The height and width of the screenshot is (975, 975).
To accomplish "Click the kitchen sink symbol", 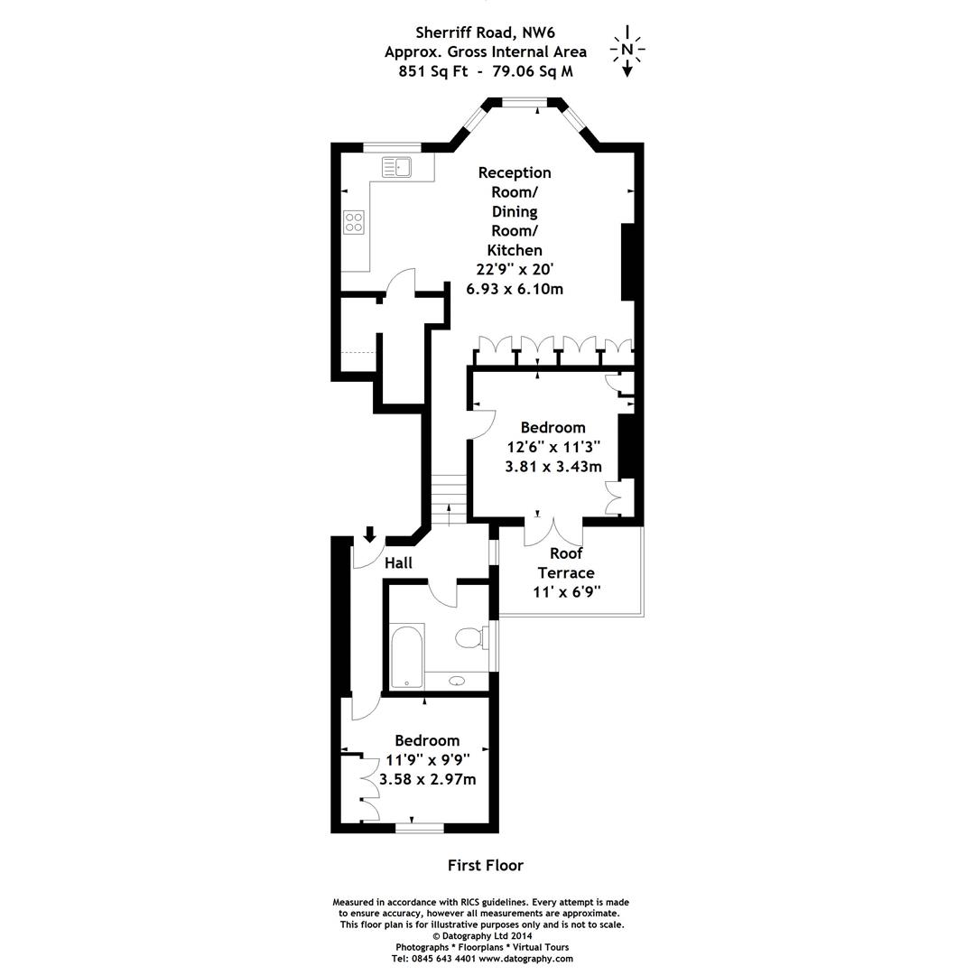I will pyautogui.click(x=396, y=167).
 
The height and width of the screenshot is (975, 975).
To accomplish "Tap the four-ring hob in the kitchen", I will pyautogui.click(x=354, y=221).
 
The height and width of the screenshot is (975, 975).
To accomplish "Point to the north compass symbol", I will pyautogui.click(x=627, y=51).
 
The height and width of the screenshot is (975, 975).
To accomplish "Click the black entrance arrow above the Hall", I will pyautogui.click(x=369, y=534).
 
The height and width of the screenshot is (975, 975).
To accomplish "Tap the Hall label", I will pyautogui.click(x=398, y=563).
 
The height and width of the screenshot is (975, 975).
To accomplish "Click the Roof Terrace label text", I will pyautogui.click(x=566, y=563).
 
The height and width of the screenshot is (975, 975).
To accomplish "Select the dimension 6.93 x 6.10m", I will pyautogui.click(x=514, y=289).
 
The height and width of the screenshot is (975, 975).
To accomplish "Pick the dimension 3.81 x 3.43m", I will pyautogui.click(x=552, y=467).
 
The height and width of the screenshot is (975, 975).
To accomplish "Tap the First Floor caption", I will pyautogui.click(x=485, y=865).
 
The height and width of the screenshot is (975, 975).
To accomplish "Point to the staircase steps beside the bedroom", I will pyautogui.click(x=448, y=499).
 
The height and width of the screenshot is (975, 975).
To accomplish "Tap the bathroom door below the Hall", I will pyautogui.click(x=442, y=592).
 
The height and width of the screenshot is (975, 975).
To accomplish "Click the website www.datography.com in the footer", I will pyautogui.click(x=525, y=958).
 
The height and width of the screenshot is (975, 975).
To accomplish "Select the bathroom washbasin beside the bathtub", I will pyautogui.click(x=456, y=682).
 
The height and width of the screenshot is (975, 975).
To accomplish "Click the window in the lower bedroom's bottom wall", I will pyautogui.click(x=419, y=827).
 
